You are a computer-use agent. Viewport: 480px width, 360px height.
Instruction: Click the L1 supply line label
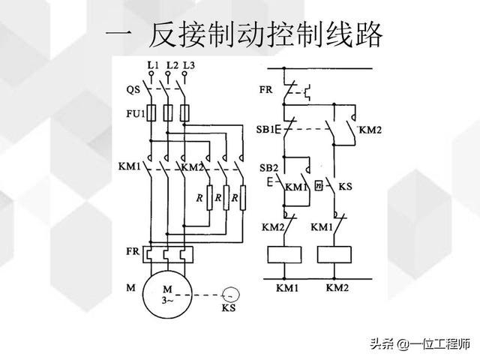[153, 65]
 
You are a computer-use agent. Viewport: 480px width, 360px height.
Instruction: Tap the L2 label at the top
[172, 65]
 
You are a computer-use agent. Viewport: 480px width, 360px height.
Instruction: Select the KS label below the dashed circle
[229, 308]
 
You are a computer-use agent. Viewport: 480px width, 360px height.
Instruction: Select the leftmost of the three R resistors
[200, 198]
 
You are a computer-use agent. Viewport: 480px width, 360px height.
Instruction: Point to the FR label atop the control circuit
[266, 88]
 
